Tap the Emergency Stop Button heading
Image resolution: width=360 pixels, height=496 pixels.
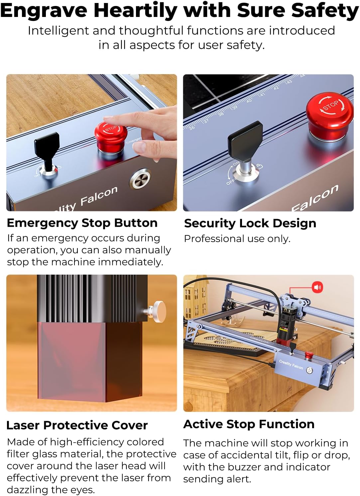[x=82, y=223]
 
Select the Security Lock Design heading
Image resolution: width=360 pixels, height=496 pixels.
[x=250, y=223]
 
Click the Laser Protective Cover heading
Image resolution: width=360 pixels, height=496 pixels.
[x=77, y=425]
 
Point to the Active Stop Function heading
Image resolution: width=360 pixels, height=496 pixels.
[x=249, y=424]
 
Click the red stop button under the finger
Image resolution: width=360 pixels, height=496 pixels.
[x=110, y=134]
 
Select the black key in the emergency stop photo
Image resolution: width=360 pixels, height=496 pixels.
[x=47, y=146]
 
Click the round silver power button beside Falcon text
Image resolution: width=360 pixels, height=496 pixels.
[x=139, y=180]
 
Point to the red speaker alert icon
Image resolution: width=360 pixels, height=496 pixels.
[x=317, y=287]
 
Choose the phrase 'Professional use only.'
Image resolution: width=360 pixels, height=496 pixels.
[x=237, y=239]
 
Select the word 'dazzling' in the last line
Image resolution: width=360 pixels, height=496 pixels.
[x=27, y=490]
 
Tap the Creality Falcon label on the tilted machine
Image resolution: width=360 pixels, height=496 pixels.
[x=291, y=364]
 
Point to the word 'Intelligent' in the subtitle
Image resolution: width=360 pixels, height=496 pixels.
[x=58, y=31]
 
